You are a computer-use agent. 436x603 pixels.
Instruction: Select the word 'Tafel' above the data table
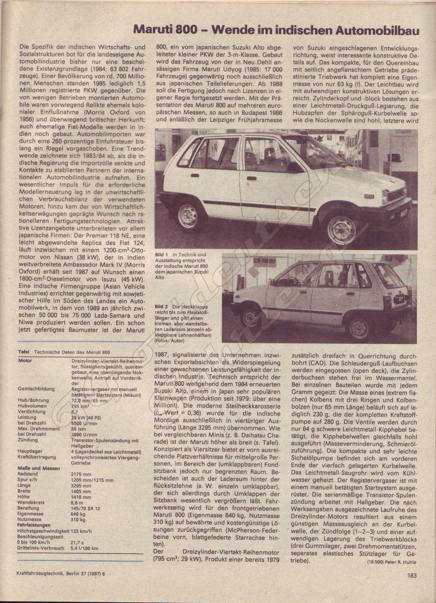tap(24, 352)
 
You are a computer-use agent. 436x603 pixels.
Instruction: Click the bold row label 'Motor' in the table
tap(25, 361)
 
